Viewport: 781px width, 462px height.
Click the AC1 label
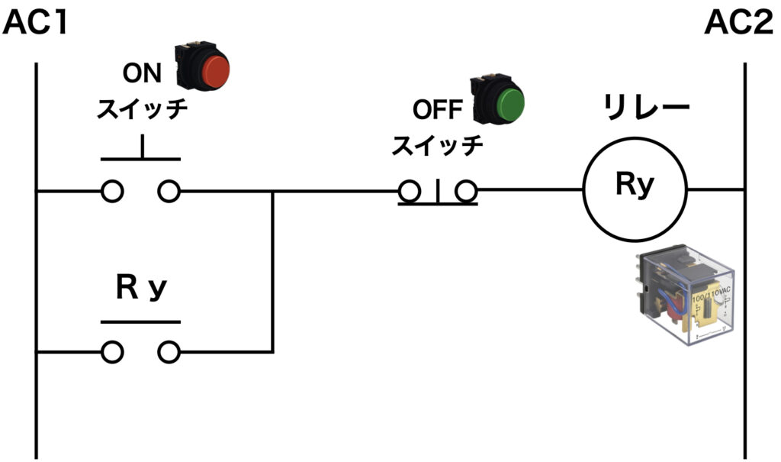click(x=35, y=23)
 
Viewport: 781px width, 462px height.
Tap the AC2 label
click(x=739, y=23)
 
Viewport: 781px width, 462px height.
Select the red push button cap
click(x=216, y=71)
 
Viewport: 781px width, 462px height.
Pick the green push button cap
click(x=511, y=105)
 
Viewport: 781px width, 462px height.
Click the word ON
click(x=142, y=73)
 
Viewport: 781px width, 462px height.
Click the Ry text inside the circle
click(x=635, y=185)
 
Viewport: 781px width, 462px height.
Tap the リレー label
click(x=646, y=107)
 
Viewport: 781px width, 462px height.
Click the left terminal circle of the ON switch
click(x=113, y=191)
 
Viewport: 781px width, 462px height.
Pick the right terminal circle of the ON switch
click(x=169, y=191)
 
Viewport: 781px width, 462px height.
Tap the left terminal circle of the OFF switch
click(x=410, y=191)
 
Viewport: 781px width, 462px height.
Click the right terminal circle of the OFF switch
click(x=467, y=191)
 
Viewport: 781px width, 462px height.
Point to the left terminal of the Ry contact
click(x=113, y=352)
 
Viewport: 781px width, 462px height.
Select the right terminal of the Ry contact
click(x=169, y=352)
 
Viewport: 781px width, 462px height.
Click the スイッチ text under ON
click(x=142, y=108)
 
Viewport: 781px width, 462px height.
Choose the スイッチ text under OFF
click(x=437, y=145)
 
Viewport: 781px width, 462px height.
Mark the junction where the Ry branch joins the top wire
click(x=272, y=191)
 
